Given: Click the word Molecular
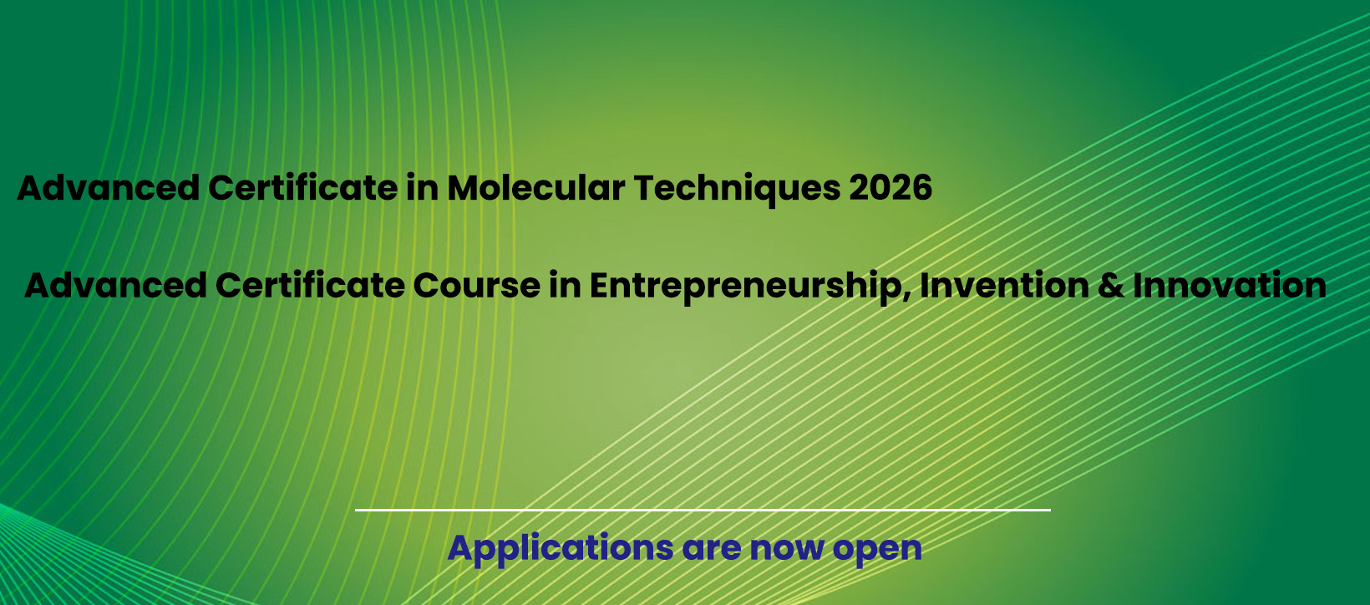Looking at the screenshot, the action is (x=535, y=187).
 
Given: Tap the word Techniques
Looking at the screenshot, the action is (x=737, y=190).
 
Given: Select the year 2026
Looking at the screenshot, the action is (x=890, y=187).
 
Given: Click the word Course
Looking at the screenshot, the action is (x=476, y=286).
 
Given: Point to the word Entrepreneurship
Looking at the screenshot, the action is (x=750, y=287).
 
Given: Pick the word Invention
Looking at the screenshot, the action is (x=1004, y=285).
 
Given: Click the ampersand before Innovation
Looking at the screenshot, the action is (x=1111, y=286).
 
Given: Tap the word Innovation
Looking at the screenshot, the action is (x=1230, y=285).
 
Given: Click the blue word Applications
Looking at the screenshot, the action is (x=561, y=549).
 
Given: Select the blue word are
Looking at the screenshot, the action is (x=711, y=551).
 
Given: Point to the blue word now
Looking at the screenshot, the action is (x=787, y=551).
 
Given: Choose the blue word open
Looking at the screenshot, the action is (x=877, y=552).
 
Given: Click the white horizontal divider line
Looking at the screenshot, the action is (x=703, y=510).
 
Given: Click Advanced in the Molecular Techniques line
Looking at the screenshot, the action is (x=109, y=187).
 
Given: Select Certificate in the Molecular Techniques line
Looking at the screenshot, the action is (x=302, y=187).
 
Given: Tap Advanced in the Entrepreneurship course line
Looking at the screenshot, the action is (x=115, y=286).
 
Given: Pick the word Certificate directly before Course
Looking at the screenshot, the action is (x=310, y=286).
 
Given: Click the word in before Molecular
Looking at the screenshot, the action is (x=422, y=187).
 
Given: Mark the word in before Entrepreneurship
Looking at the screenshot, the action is (x=565, y=286).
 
